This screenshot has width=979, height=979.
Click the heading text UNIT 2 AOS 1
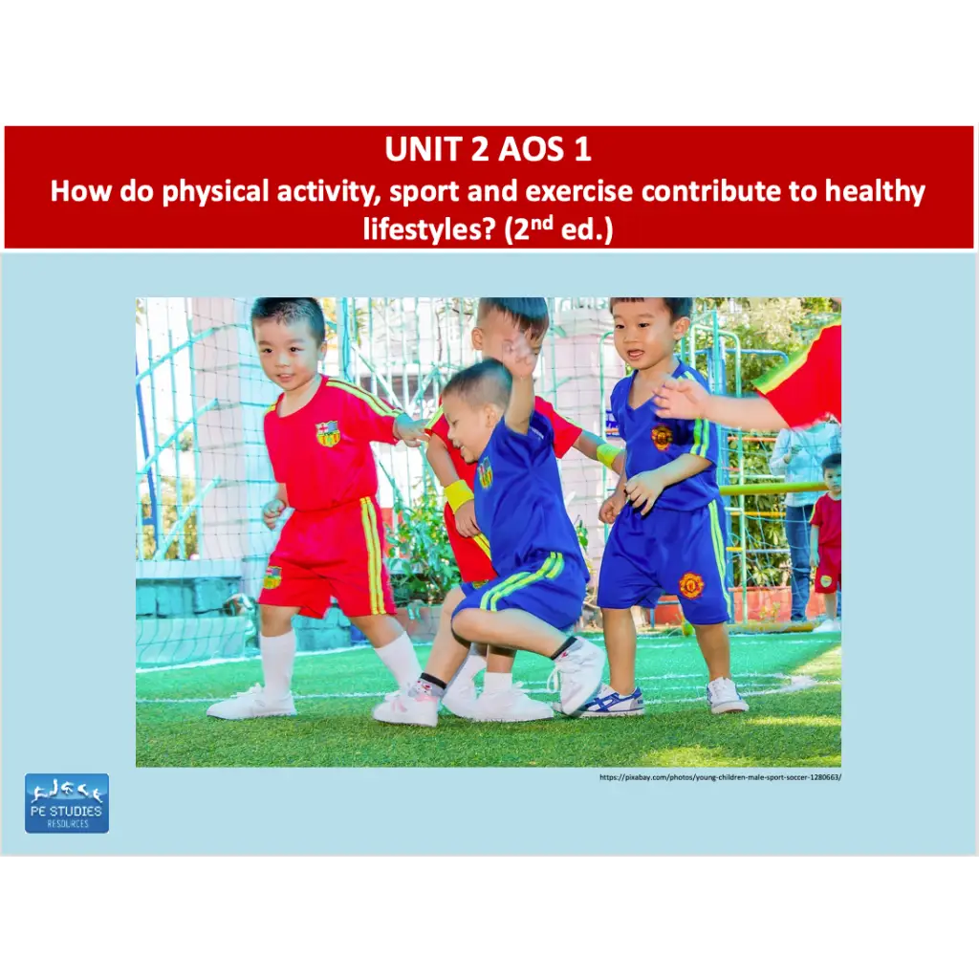[488, 149]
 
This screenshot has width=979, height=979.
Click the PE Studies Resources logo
[67, 803]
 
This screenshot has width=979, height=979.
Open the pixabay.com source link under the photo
[720, 777]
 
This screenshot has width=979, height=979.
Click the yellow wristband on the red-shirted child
[459, 494]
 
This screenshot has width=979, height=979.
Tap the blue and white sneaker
[611, 703]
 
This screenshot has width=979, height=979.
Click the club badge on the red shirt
[328, 434]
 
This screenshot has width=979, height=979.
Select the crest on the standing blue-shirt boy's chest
[662, 437]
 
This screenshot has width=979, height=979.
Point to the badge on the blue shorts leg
[691, 585]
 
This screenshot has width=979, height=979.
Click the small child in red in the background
[827, 540]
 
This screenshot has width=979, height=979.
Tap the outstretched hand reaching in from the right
[681, 398]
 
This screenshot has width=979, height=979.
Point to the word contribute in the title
[723, 191]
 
